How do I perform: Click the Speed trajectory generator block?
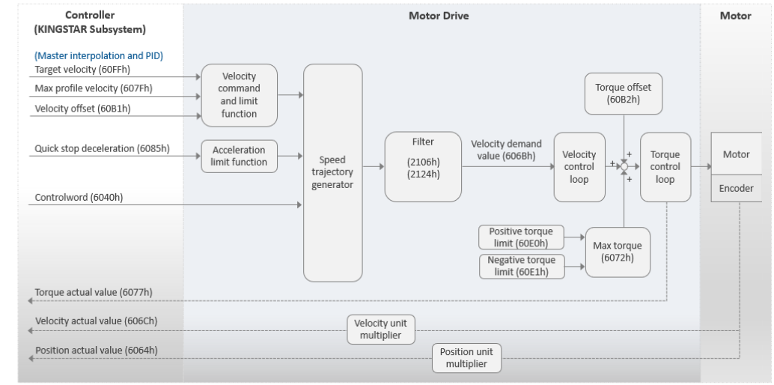point(332,172)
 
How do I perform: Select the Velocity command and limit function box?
point(239,95)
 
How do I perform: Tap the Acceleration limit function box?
point(239,157)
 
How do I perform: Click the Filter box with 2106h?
point(423,166)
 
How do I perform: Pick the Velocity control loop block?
point(579,167)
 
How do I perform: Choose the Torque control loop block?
point(665,167)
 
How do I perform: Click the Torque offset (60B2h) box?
point(624,94)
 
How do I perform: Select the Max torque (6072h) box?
point(618,252)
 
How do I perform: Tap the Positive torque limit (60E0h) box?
point(521,237)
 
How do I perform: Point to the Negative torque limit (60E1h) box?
point(522,267)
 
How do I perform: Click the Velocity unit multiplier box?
point(380,329)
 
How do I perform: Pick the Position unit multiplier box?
point(466,358)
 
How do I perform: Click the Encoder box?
point(736,188)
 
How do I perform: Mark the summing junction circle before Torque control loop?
point(624,166)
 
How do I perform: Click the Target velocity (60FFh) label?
point(82,69)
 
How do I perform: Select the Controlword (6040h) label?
point(79,197)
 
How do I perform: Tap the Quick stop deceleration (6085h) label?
point(103,148)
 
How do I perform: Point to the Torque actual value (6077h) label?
point(94,292)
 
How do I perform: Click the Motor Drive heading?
point(439,16)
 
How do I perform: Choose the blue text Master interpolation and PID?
point(99,55)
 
